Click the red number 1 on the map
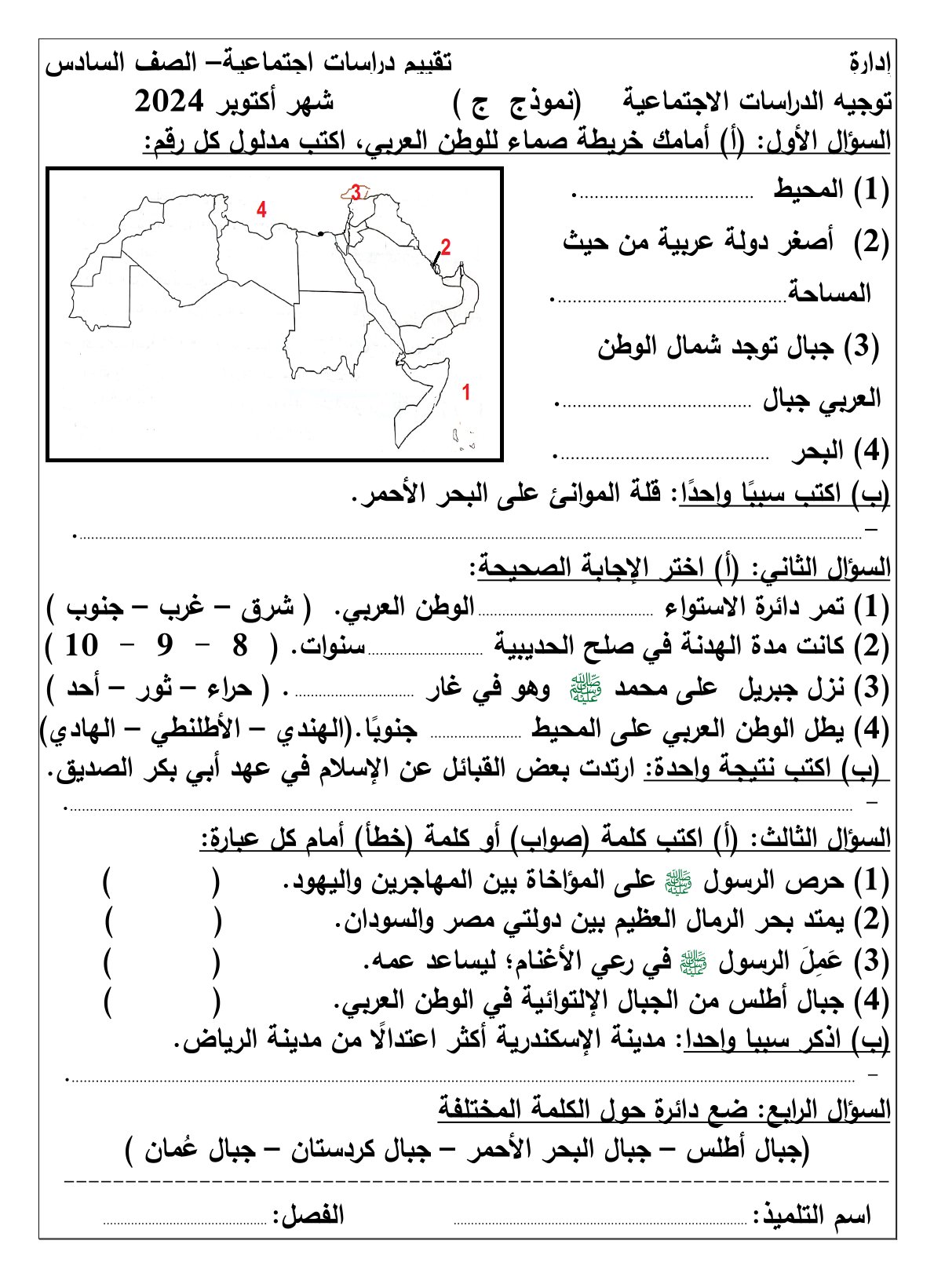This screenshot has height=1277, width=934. [x=465, y=392]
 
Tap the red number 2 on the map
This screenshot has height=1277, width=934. [x=445, y=247]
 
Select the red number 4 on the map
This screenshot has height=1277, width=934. [x=261, y=210]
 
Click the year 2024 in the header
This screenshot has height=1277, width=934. [x=170, y=102]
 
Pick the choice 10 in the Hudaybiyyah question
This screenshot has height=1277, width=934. [x=82, y=646]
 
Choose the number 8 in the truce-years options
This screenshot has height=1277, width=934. [x=240, y=646]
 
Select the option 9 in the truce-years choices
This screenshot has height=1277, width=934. [x=164, y=646]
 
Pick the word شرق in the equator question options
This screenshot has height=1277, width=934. [x=265, y=606]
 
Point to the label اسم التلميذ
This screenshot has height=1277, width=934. [x=813, y=1216]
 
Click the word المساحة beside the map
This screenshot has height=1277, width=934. [x=829, y=294]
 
